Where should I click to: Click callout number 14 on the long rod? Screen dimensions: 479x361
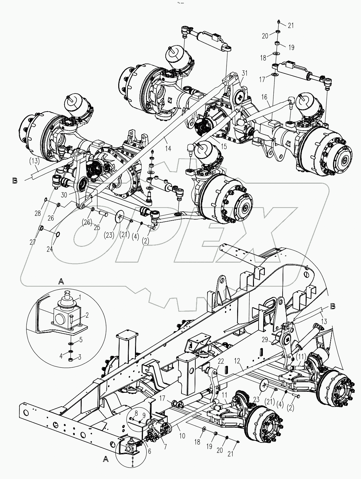click(x=168, y=149)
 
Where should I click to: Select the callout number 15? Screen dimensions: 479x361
click(x=224, y=146)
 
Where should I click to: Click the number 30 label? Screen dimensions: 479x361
click(x=64, y=195)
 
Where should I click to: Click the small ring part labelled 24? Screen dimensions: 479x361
click(x=58, y=234)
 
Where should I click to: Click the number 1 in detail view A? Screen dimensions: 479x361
click(x=79, y=297)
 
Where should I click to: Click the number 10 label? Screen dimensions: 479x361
click(x=182, y=436)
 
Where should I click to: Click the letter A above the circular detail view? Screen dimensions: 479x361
click(x=61, y=281)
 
